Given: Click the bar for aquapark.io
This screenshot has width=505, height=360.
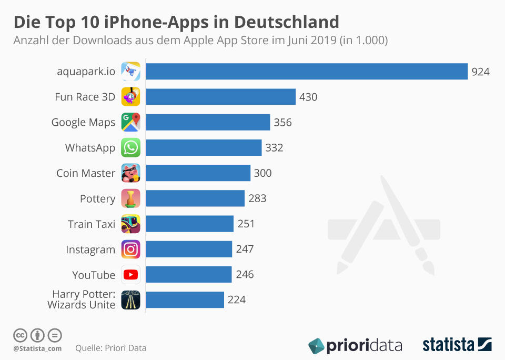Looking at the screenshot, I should click(x=307, y=72).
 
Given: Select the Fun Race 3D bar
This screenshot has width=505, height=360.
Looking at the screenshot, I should click(x=220, y=97).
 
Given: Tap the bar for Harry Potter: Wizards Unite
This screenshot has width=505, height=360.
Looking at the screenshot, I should click(x=185, y=300).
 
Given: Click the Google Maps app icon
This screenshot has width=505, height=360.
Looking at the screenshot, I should click(x=130, y=122).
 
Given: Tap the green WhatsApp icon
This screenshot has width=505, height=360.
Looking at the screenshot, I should click(x=130, y=148).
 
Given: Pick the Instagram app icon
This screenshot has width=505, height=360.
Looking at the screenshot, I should click(x=130, y=249).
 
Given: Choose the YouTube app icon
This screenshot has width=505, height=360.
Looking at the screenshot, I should click(x=130, y=275).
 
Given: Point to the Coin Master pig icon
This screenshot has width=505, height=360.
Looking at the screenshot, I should click(x=130, y=173).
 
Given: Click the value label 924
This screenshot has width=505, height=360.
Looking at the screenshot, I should click(x=480, y=72).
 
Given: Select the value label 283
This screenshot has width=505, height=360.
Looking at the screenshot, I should click(x=257, y=198).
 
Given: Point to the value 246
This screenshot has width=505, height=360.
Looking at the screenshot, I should click(x=245, y=275).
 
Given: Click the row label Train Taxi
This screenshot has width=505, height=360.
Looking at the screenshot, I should click(x=92, y=224).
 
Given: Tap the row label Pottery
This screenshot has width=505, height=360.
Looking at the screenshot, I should click(x=97, y=199).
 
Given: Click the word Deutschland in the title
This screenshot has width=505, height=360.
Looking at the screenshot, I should click(x=286, y=23).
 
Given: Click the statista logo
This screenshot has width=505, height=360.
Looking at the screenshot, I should click(x=457, y=345).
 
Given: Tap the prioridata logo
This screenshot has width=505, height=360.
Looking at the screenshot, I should click(x=355, y=346).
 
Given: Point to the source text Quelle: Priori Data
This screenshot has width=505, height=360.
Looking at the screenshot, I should click(x=111, y=348).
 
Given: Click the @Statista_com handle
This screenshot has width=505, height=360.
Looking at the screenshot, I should click(x=37, y=348).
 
